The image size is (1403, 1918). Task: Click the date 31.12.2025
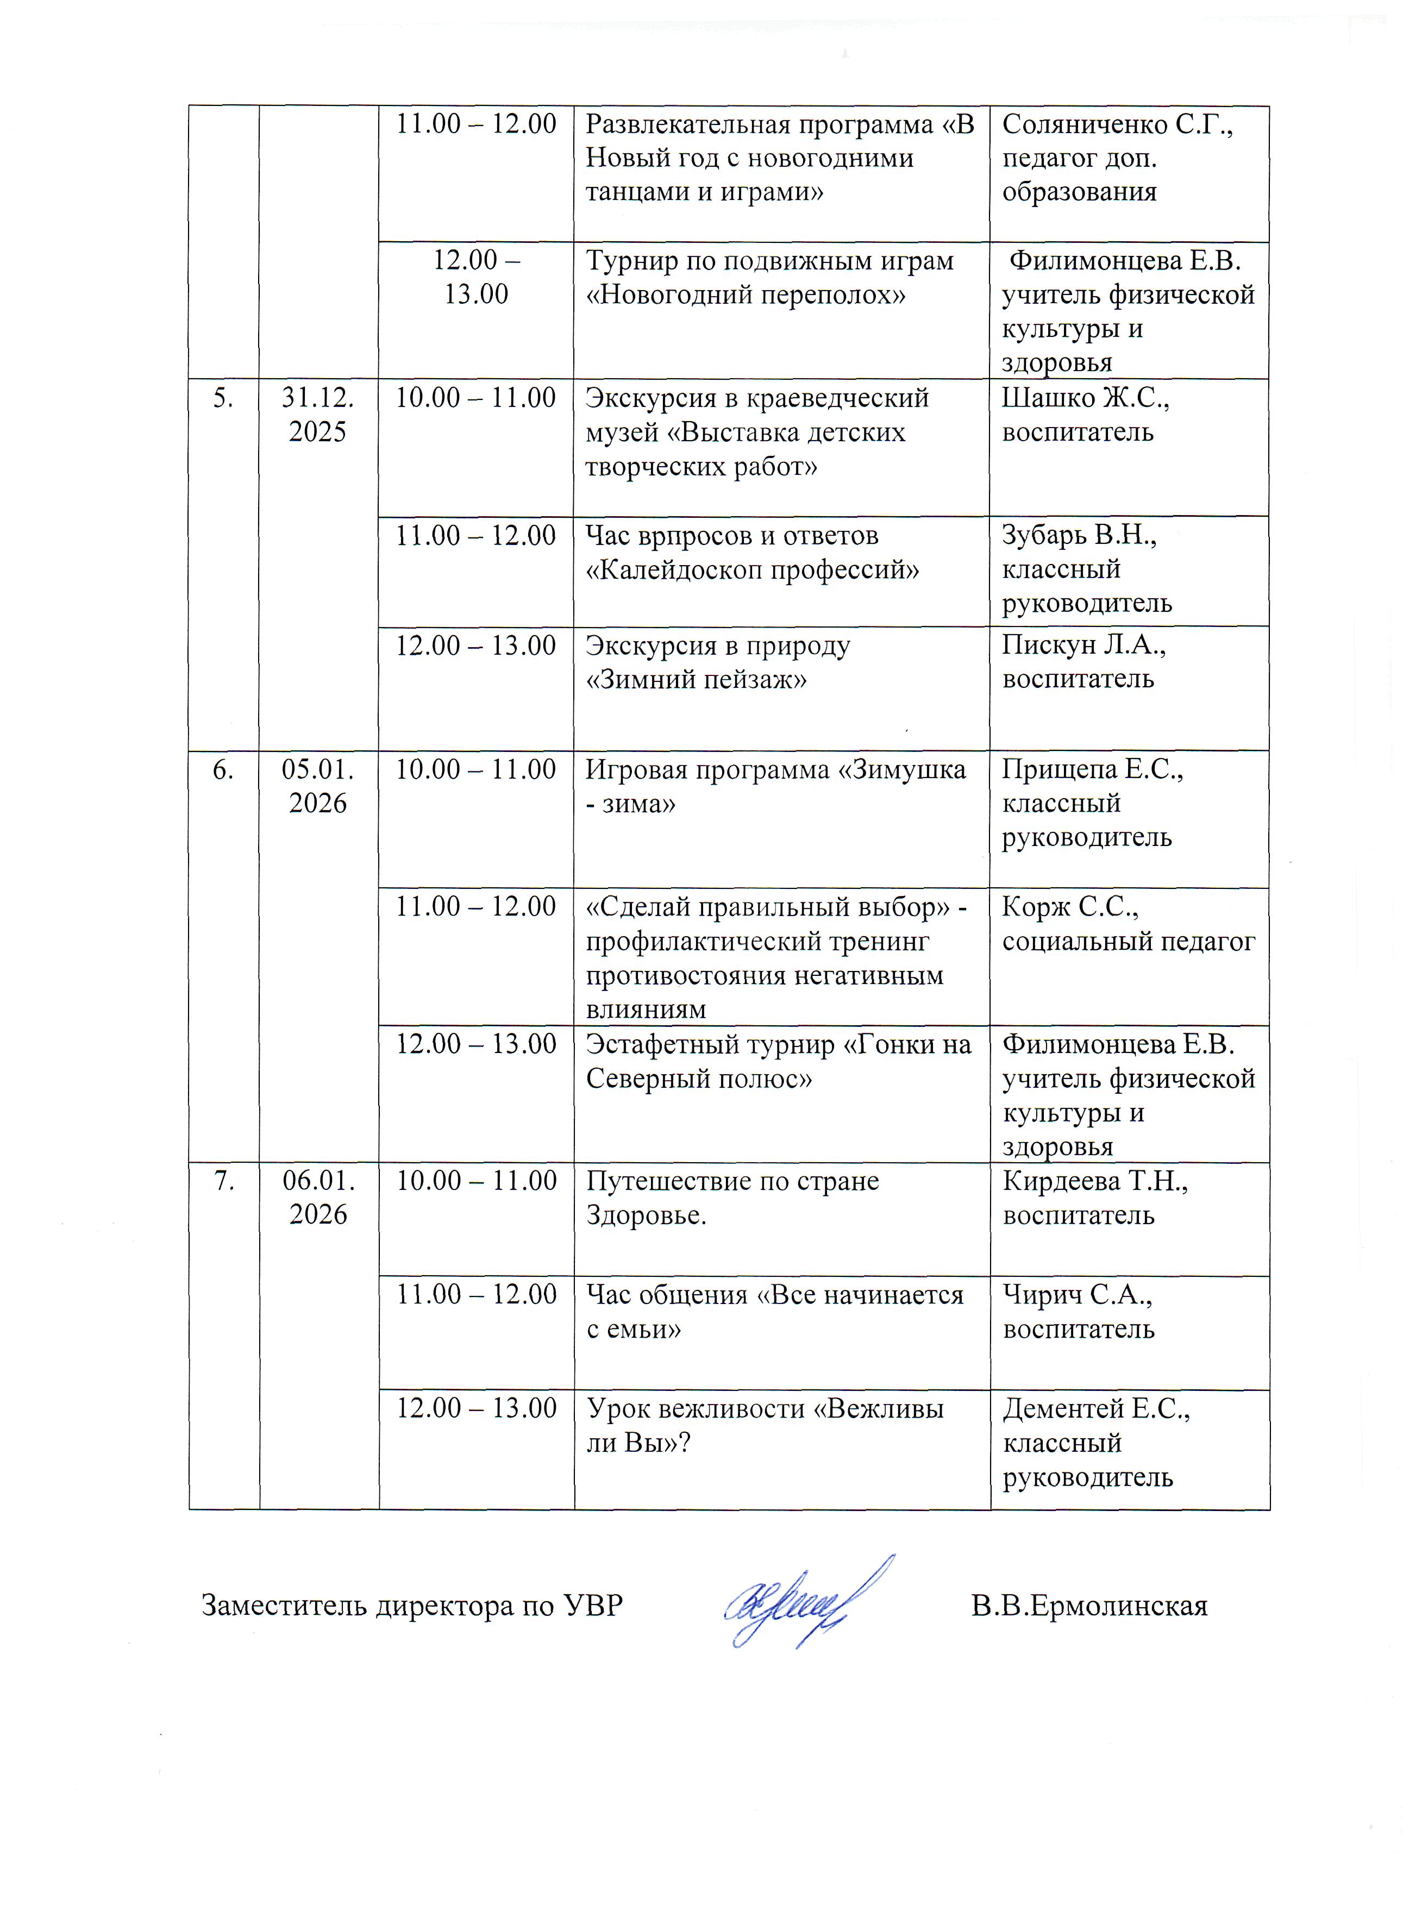click(x=318, y=415)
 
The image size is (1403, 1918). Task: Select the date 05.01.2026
click(x=318, y=786)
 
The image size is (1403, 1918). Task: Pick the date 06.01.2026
click(x=318, y=1197)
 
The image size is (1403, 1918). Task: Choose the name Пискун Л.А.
click(x=1083, y=646)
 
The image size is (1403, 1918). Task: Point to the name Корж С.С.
click(x=1070, y=907)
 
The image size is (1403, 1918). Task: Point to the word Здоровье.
click(x=646, y=1215)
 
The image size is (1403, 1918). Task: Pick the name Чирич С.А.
click(x=1077, y=1295)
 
